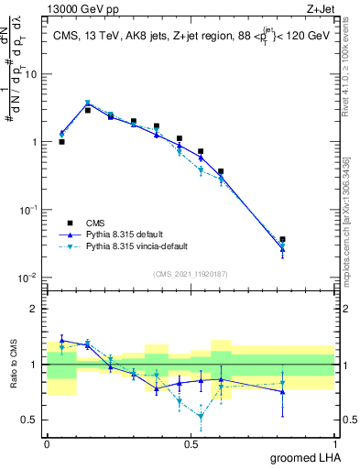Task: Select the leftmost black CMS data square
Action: (61, 142)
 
